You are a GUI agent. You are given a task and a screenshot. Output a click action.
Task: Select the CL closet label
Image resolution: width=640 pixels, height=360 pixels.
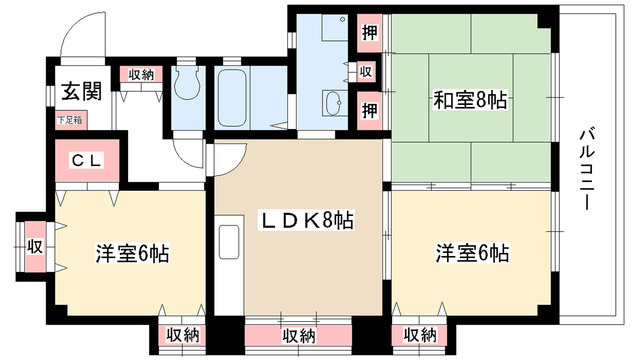tap(84, 160)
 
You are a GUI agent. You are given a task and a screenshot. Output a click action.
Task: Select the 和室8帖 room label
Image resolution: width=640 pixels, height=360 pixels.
tap(469, 100)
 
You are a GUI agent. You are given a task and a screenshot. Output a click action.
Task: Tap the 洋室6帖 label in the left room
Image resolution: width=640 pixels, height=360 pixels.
tap(132, 252)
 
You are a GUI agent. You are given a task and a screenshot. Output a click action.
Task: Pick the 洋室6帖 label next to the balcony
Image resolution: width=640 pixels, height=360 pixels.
tap(471, 252)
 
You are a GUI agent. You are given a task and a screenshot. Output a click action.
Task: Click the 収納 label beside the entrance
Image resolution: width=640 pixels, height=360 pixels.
tap(140, 74)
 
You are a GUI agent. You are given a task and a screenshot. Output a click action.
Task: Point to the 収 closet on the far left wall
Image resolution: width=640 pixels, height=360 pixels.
tap(33, 244)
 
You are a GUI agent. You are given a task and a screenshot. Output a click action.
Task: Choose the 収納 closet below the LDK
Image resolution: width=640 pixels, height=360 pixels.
tap(300, 335)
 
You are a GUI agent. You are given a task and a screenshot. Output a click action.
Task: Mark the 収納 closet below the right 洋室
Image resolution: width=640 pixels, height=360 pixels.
tap(420, 335)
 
